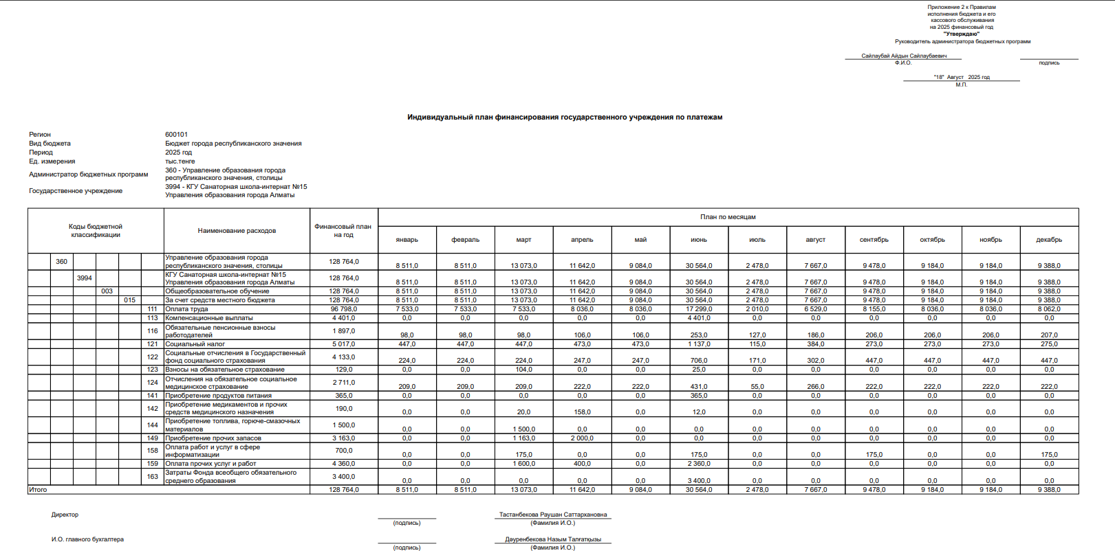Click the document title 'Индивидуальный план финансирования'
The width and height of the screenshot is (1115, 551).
click(564, 117)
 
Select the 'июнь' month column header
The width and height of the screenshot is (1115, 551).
click(699, 240)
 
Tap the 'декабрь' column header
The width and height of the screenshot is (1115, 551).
click(1049, 240)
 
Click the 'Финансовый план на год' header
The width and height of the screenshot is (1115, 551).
click(343, 231)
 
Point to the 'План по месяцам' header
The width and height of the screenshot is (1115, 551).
click(728, 217)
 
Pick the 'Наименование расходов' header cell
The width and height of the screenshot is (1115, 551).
click(237, 231)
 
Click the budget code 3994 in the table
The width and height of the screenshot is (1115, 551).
click(85, 278)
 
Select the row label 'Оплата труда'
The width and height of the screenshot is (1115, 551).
click(186, 309)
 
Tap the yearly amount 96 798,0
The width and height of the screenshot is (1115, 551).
click(344, 309)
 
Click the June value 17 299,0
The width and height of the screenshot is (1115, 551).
click(699, 309)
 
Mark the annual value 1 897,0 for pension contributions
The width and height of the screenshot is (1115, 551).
click(343, 331)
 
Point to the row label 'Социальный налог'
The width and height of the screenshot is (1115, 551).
click(195, 344)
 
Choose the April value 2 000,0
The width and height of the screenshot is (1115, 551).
click(582, 438)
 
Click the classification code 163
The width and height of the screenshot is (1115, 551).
click(153, 477)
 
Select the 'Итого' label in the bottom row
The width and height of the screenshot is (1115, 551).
click(39, 490)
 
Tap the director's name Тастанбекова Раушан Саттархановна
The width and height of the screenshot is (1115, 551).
click(553, 515)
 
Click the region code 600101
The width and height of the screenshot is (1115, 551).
click(176, 135)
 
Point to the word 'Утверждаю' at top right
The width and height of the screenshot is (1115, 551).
click(961, 34)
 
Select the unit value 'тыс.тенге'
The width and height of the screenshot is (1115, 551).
click(180, 161)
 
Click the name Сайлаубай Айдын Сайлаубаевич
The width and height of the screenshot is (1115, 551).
click(904, 56)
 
